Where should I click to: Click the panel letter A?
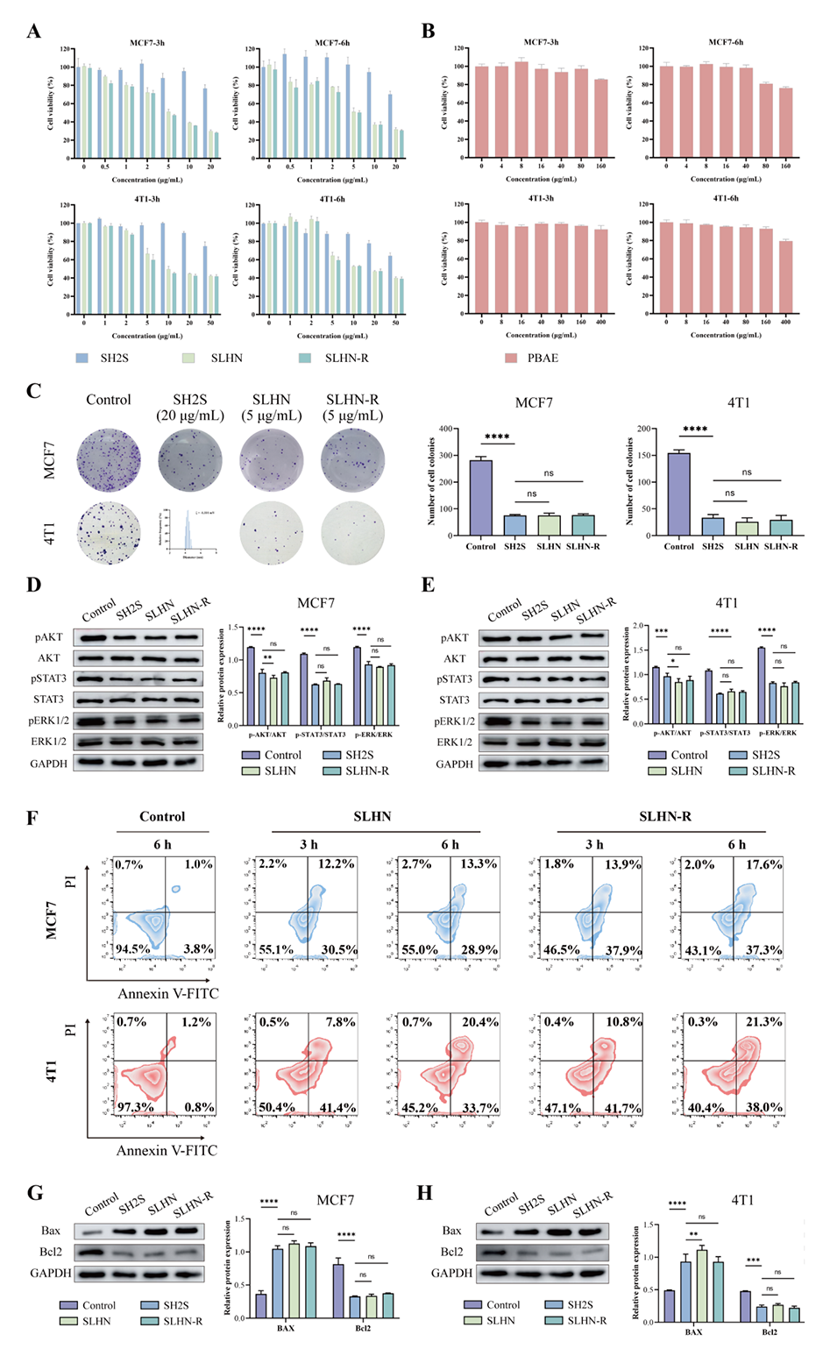point(33,32)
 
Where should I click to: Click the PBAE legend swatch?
point(511,358)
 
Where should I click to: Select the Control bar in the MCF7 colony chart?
point(480,497)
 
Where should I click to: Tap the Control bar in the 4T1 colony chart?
point(678,493)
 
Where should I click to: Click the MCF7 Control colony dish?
point(108,460)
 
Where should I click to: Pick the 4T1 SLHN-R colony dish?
point(352,533)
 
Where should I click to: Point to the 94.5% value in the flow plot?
point(132,948)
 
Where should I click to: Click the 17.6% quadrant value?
point(763,864)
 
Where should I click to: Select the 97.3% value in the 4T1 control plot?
point(135,1107)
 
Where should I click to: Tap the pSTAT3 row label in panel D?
point(49,678)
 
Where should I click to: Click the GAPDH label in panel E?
point(454,763)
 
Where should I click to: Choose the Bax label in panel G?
point(51,1231)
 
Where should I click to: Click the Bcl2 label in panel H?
point(451,1252)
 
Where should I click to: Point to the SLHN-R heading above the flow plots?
point(664,816)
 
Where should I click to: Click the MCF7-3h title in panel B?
point(541,42)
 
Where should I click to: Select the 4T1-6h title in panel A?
point(332,199)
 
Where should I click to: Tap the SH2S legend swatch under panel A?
point(82,358)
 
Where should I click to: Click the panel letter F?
point(32,818)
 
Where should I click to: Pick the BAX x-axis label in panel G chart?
point(286,1328)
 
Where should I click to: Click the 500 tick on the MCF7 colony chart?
point(444,429)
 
